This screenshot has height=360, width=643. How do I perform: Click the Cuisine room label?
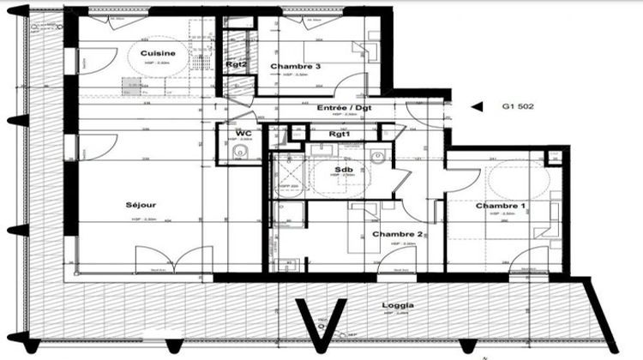tap(159, 53)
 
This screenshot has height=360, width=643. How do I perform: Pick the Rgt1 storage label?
tap(343, 134)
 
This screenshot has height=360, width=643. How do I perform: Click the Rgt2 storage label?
tap(237, 64)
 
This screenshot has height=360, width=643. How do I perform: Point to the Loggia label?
tap(400, 305)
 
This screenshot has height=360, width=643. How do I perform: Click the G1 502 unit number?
tap(517, 108)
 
